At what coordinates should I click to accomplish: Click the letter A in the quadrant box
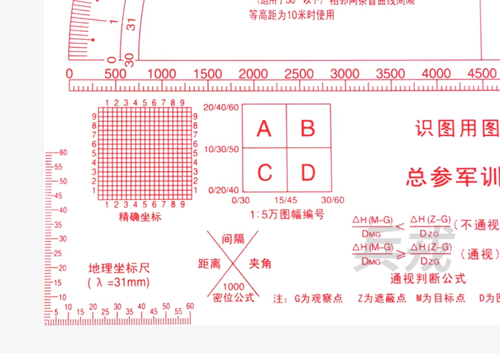[265, 128]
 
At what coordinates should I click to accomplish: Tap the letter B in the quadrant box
[307, 128]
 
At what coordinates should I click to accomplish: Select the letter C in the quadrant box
[265, 173]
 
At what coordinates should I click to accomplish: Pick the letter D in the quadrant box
[307, 173]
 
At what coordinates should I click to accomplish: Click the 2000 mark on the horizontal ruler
[253, 73]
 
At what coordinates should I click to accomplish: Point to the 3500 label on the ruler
[391, 73]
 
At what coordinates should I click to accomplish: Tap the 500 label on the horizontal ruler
[115, 73]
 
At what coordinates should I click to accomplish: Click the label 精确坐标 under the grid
[140, 217]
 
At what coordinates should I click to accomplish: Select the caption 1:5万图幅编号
[287, 215]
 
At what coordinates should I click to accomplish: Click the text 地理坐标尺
[119, 269]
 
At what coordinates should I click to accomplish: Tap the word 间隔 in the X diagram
[233, 239]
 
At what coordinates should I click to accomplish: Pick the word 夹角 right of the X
[260, 264]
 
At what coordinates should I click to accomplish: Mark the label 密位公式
[233, 297]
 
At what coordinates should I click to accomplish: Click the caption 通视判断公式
[428, 279]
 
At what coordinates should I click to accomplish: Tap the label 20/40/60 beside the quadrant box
[221, 107]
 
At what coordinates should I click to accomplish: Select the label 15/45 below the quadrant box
[287, 200]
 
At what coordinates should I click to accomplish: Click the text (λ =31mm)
[119, 283]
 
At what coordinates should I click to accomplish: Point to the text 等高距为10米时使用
[291, 15]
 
